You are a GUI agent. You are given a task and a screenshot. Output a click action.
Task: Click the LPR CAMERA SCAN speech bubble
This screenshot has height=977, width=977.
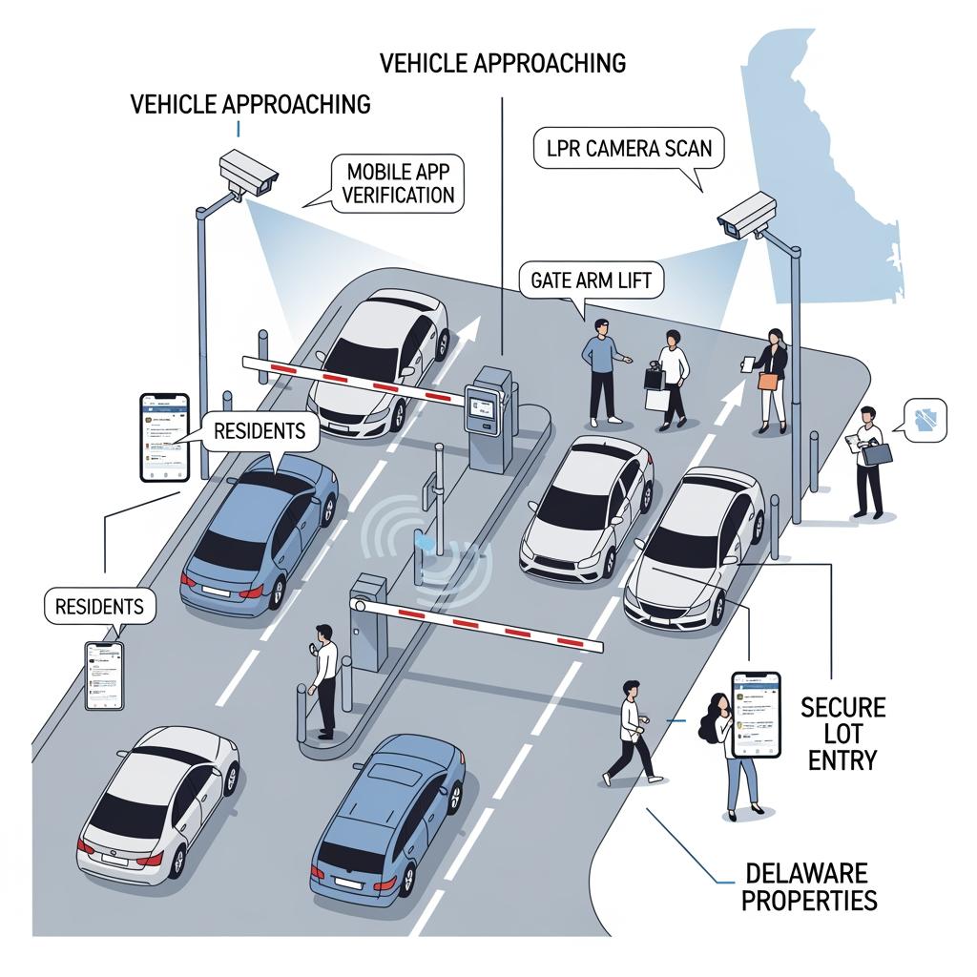click(x=627, y=150)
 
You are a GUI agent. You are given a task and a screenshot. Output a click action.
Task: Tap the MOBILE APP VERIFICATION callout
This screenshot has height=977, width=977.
click(x=400, y=184)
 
